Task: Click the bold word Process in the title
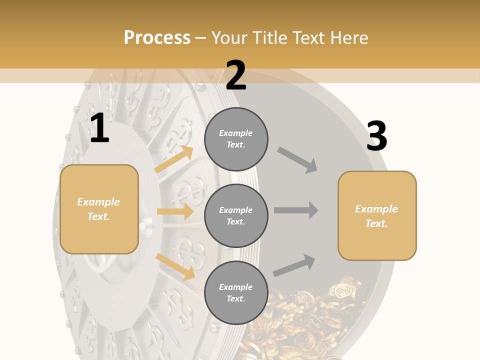(x=157, y=37)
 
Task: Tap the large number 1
(x=99, y=128)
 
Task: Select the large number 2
(x=236, y=76)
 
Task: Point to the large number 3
(x=376, y=136)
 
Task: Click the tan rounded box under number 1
(x=99, y=208)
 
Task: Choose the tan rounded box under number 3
(x=377, y=215)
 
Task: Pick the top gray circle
(x=236, y=139)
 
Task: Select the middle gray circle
(x=236, y=215)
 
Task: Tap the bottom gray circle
(x=236, y=292)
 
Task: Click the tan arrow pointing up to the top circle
(x=174, y=159)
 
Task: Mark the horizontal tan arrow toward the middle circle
(x=175, y=211)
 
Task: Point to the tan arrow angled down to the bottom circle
(x=175, y=266)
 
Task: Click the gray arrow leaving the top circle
(x=297, y=160)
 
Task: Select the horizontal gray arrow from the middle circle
(x=296, y=210)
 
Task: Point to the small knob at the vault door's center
(x=144, y=225)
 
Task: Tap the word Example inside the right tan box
(x=376, y=209)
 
